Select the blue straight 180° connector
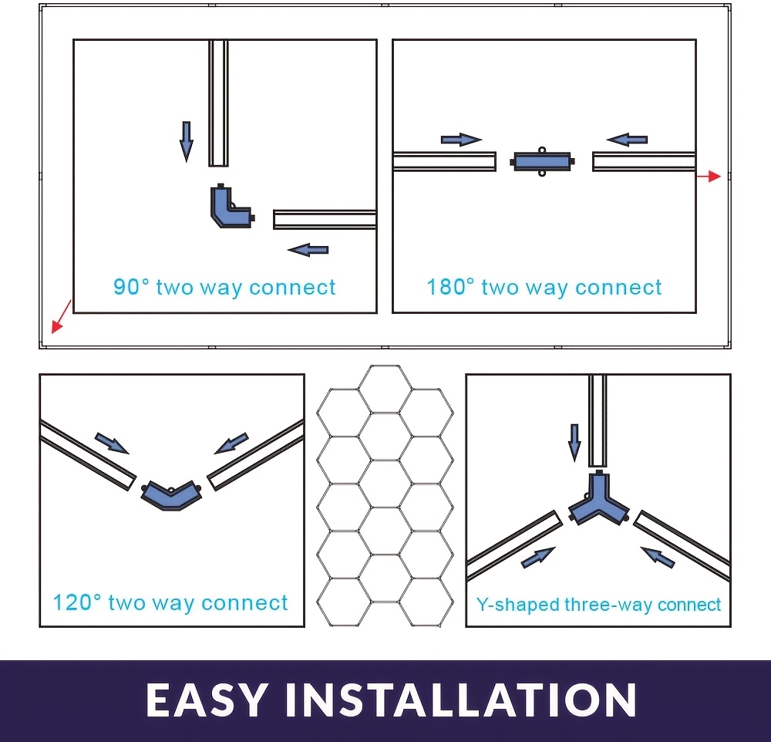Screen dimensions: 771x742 [542, 161]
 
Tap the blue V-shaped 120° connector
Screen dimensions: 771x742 [171, 497]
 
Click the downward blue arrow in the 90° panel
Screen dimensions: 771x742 [187, 142]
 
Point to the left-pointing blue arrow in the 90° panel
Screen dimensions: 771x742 [308, 250]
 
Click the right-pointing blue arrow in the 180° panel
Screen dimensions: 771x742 [461, 140]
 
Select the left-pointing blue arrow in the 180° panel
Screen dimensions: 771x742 [627, 140]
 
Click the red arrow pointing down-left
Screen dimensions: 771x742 [62, 316]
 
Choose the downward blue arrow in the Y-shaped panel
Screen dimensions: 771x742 [574, 443]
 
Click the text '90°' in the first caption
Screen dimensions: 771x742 [131, 286]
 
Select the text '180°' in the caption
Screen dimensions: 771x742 [450, 286]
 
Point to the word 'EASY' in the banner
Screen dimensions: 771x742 [207, 699]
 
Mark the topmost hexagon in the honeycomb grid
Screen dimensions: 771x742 [385, 390]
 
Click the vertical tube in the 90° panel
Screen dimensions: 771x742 [218, 103]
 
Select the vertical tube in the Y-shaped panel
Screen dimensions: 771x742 [598, 420]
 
